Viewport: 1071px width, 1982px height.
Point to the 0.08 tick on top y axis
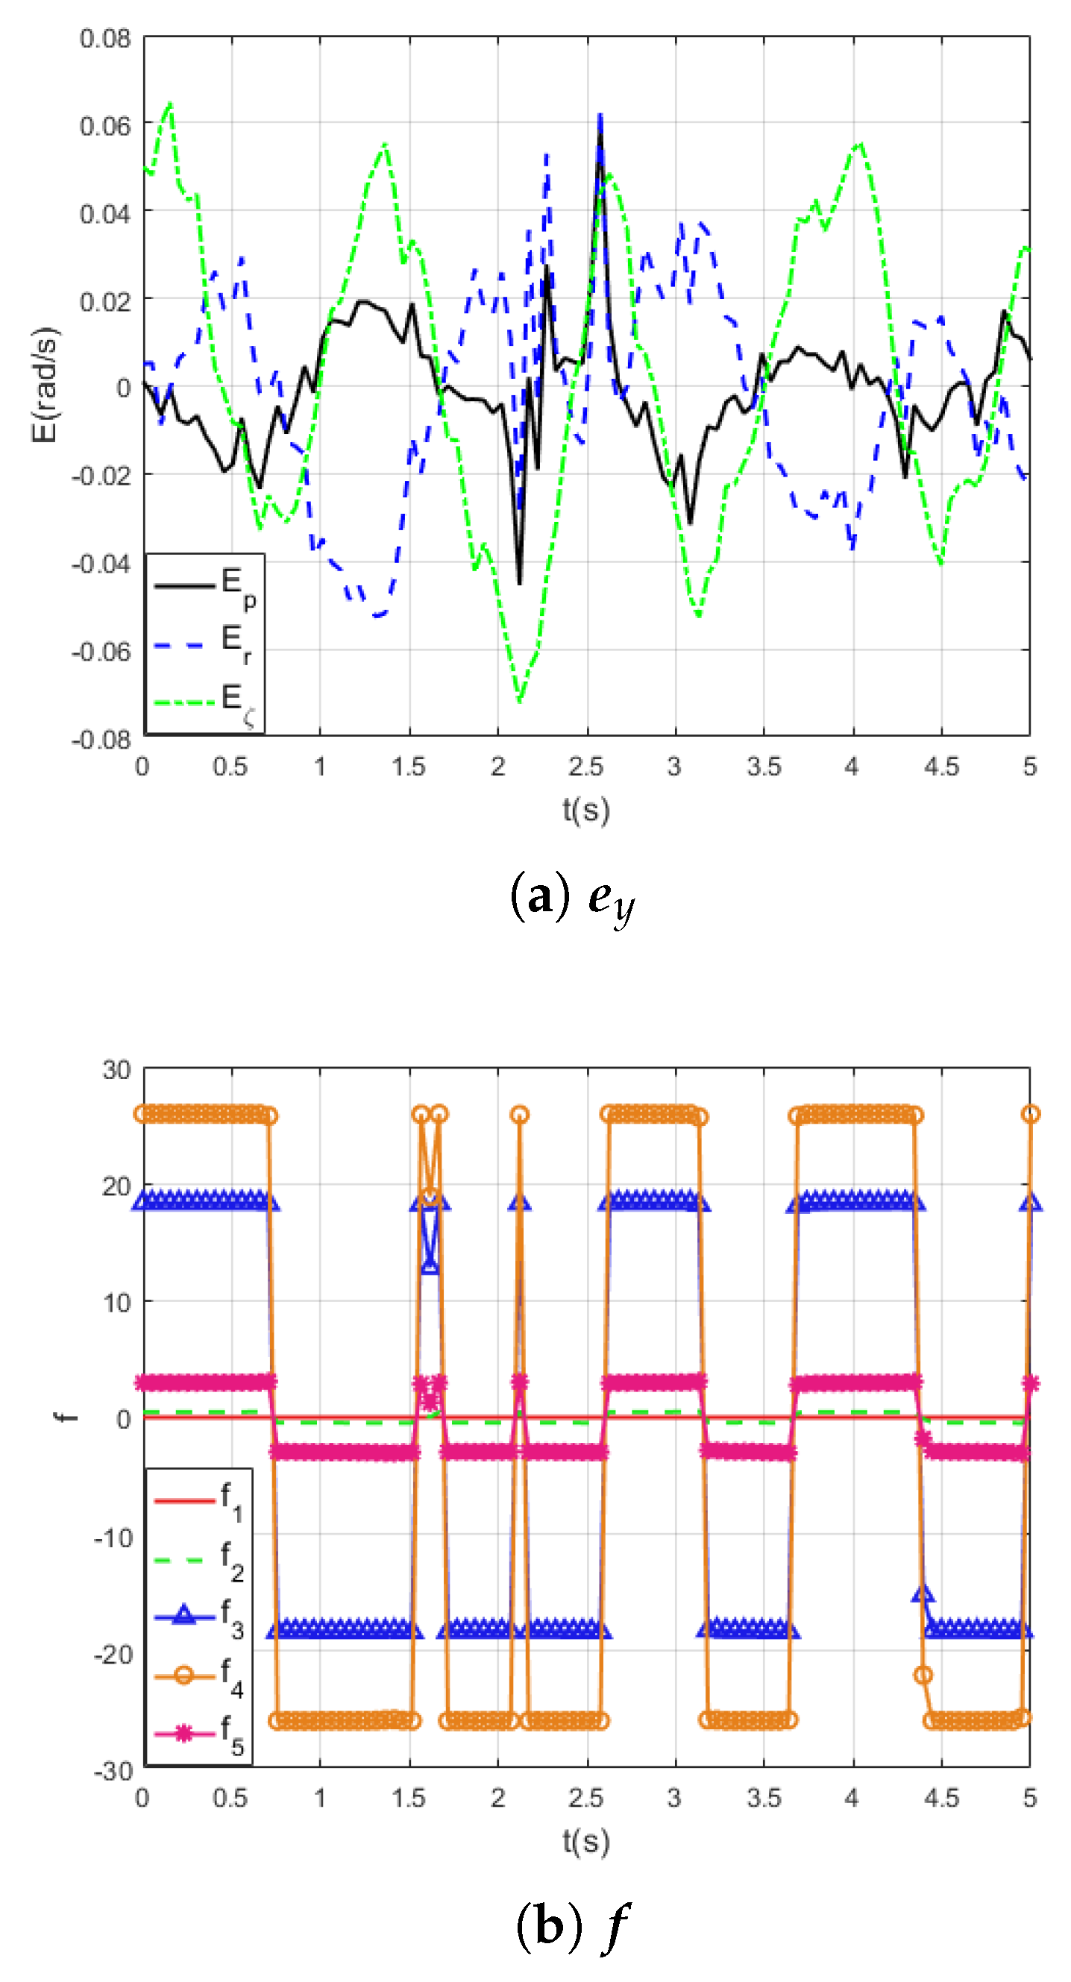click(105, 39)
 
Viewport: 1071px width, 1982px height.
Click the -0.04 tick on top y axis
click(101, 563)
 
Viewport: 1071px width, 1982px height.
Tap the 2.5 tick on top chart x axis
click(585, 767)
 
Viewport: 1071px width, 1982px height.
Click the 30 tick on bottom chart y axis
click(116, 1069)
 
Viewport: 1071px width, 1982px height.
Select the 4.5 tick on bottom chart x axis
click(941, 1798)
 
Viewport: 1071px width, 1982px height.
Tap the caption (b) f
click(574, 1927)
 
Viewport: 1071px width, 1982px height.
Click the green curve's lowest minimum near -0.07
click(519, 701)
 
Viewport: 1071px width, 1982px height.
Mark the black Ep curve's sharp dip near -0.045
click(519, 583)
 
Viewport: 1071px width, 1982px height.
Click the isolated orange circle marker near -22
click(923, 1674)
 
